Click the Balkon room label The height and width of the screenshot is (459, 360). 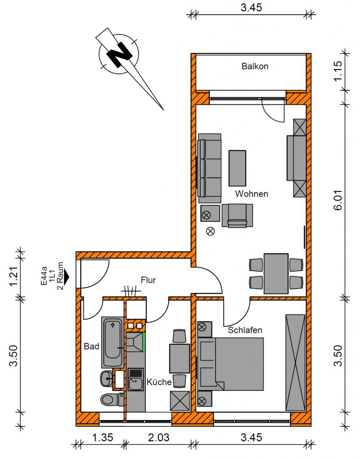tap(255, 66)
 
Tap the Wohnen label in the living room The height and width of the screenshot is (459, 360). tap(252, 194)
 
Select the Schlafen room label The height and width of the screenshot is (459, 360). tap(245, 330)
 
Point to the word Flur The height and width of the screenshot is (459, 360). tap(148, 280)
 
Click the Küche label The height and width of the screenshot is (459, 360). tap(159, 382)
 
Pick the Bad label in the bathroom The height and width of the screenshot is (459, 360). tap(91, 346)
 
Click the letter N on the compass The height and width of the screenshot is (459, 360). tap(119, 54)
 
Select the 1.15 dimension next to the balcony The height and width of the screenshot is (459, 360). tap(338, 71)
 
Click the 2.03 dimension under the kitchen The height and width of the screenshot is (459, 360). tap(159, 437)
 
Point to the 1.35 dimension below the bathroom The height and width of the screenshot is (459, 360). tap(103, 437)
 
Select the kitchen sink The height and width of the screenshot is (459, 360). tap(136, 379)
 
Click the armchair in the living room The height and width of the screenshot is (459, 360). tap(237, 216)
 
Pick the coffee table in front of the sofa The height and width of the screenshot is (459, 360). tap(237, 169)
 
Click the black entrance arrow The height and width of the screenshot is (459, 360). tap(66, 276)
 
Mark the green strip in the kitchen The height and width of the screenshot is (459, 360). tap(144, 342)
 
